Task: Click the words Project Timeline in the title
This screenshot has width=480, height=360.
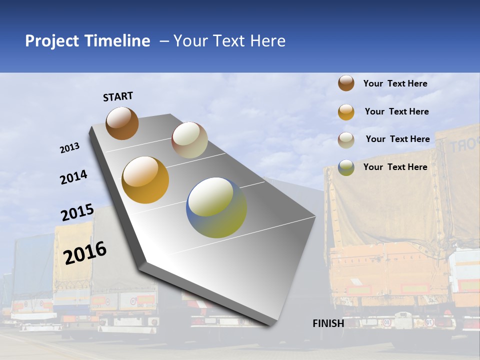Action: coord(87,41)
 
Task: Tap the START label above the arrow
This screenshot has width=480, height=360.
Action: coord(118,96)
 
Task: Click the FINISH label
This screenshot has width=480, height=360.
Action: coord(328,323)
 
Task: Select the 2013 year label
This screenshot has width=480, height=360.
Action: coord(70,148)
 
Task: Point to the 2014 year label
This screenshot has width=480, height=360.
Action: coord(73,177)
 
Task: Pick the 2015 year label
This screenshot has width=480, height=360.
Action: coord(77,212)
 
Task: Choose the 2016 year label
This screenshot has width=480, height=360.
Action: coord(85,252)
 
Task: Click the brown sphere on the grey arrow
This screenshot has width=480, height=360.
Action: coord(122,123)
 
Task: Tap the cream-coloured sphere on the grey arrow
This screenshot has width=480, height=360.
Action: coord(189,140)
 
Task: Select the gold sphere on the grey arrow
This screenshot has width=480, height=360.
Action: coord(145,180)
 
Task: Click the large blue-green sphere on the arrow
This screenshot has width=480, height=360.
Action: coord(216,207)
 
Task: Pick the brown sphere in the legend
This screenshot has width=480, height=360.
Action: coord(346,83)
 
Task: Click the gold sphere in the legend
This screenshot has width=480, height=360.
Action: coord(346,112)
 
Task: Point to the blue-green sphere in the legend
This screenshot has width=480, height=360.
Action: coord(346,167)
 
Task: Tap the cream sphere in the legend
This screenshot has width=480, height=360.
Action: coord(346,140)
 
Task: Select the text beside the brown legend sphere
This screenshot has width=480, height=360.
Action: coord(395,83)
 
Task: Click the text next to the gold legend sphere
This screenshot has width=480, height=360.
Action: coord(396,111)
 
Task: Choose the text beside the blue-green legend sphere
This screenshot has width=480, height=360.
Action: coord(395,167)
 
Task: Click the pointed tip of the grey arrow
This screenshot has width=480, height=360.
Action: coord(270,323)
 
